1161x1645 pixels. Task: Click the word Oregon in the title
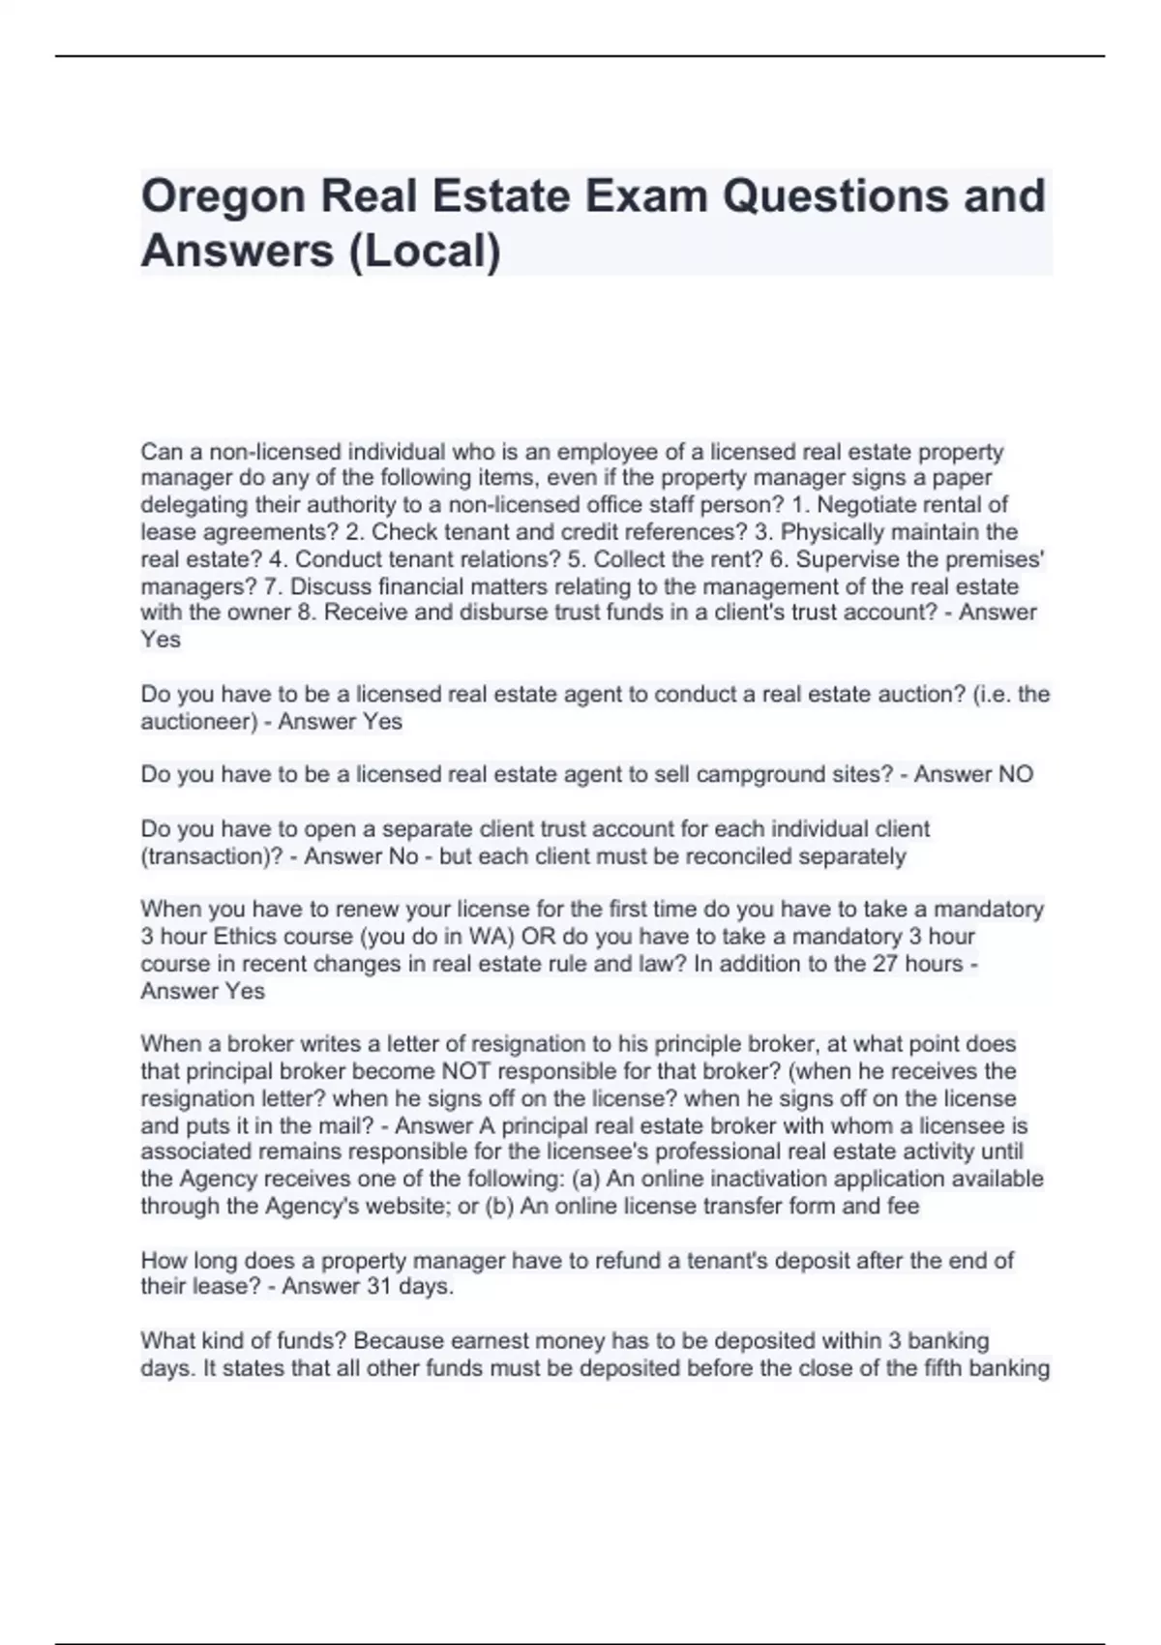(x=222, y=197)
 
